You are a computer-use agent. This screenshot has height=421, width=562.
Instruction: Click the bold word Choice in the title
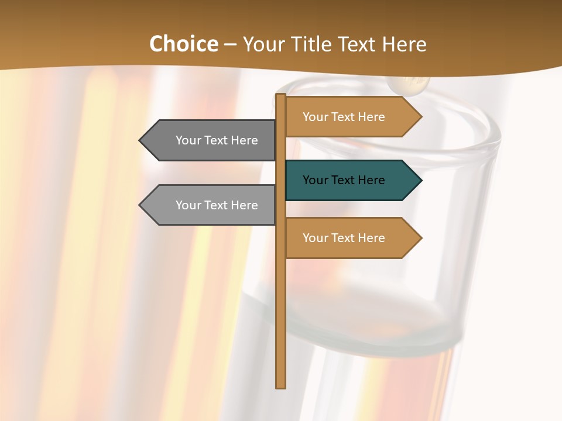183,44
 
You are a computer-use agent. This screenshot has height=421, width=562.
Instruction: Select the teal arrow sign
351,180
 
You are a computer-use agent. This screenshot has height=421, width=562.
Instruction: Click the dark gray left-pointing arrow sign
211,140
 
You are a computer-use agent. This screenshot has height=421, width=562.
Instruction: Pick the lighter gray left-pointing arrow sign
211,205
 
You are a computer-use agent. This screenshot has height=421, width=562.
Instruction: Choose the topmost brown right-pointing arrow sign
351,117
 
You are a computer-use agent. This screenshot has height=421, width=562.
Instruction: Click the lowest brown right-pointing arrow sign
351,238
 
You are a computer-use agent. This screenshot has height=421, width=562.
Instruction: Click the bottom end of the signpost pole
281,386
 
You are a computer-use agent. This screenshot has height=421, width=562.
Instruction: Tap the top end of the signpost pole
281,96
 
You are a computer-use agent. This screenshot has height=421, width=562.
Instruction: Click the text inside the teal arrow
344,180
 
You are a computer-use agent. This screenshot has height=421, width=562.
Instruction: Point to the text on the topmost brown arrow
344,117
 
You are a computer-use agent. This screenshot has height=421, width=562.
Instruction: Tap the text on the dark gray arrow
217,140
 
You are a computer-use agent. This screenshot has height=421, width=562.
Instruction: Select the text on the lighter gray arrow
217,205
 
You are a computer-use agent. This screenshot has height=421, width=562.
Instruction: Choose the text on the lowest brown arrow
344,238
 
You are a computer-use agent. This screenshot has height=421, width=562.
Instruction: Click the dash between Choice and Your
230,45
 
